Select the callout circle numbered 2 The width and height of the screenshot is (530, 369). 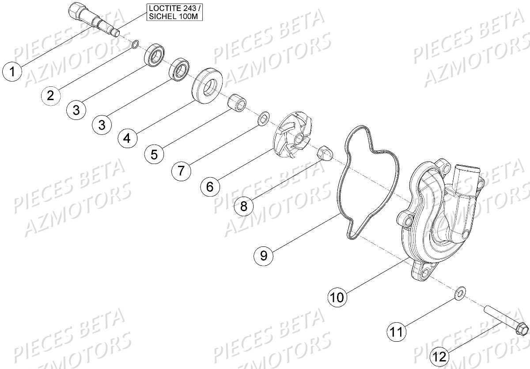pos(51,95)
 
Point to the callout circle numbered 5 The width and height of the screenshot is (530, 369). pos(154,154)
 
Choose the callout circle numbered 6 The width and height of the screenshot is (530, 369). pos(209,186)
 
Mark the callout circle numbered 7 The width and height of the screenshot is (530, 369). pos(182,171)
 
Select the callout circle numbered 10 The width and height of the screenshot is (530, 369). pos(337,298)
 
